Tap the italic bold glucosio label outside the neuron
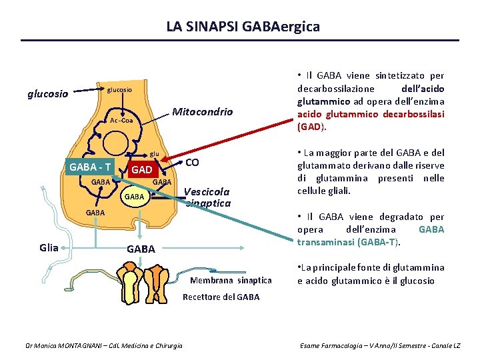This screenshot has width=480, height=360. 47,94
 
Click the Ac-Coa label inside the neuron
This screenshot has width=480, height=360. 122,121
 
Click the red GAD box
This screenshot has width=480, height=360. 141,170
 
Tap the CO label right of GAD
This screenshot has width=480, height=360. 192,163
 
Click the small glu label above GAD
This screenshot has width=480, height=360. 154,153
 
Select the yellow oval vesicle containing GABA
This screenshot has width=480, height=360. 135,197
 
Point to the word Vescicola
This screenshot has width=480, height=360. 207,189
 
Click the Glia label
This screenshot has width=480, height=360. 50,247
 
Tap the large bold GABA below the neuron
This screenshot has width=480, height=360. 141,249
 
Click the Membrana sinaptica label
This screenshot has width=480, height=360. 231,280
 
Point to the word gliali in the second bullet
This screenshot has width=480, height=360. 338,191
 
